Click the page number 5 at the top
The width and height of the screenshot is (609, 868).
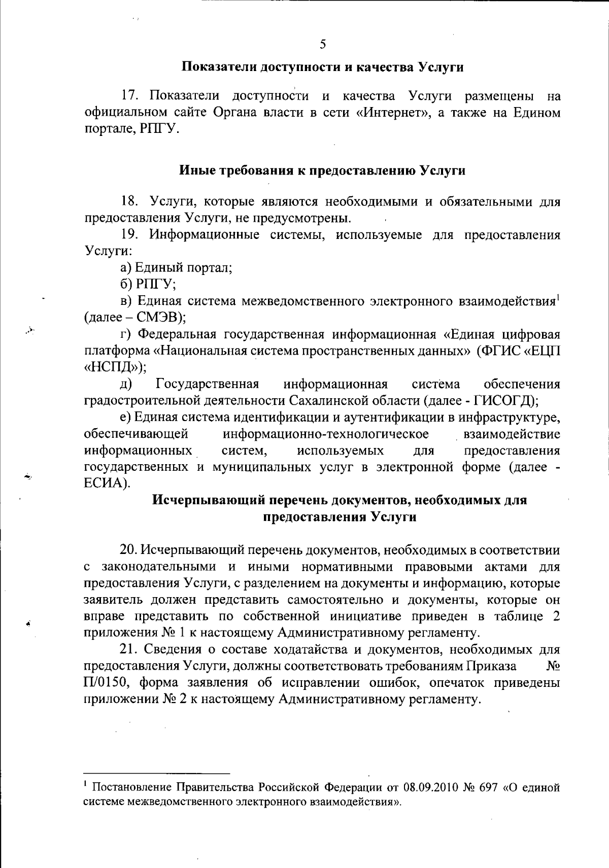(323, 45)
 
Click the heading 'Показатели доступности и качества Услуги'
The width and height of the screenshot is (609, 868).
(323, 67)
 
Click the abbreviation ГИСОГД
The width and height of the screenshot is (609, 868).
(501, 401)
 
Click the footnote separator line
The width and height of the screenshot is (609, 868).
(157, 774)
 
